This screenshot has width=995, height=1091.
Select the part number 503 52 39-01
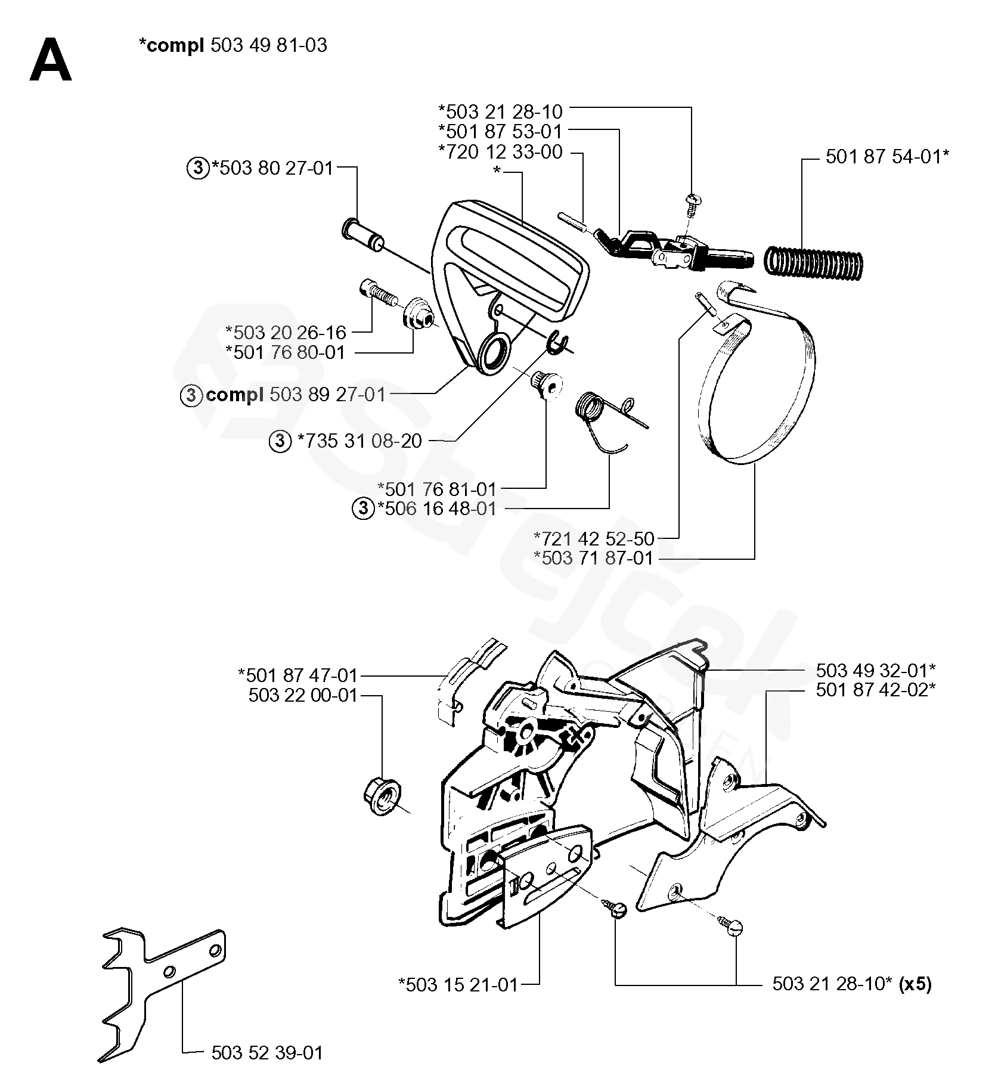click(267, 1052)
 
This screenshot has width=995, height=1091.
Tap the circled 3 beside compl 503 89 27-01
click(191, 395)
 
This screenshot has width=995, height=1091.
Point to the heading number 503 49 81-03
click(269, 45)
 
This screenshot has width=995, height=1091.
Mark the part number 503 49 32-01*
click(875, 671)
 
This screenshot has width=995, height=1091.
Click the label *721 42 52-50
click(594, 539)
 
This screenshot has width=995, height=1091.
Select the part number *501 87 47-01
click(297, 675)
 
